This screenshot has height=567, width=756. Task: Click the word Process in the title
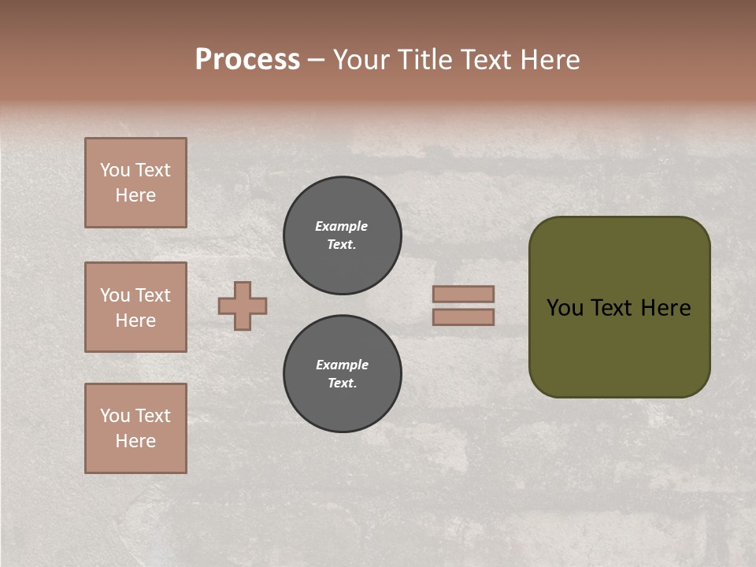tap(247, 60)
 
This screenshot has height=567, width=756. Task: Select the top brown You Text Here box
tap(135, 183)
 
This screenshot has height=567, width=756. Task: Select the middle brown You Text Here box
tap(135, 307)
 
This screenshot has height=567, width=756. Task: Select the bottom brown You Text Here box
tap(135, 428)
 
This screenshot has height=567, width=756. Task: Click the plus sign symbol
tap(243, 306)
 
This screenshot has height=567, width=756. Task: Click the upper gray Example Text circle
tap(343, 235)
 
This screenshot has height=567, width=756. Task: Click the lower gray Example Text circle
tap(343, 374)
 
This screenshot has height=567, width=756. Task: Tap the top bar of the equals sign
tap(463, 294)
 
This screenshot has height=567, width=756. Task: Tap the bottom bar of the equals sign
tap(463, 317)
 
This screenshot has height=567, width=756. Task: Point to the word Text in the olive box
tap(619, 308)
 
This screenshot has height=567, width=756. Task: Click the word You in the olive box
tap(565, 308)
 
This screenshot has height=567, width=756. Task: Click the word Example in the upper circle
tap(342, 226)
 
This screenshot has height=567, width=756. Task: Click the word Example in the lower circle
tap(342, 365)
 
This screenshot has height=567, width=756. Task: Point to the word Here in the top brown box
tap(135, 195)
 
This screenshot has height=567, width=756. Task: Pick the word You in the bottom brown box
tap(115, 416)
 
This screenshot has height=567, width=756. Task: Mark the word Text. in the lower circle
tap(342, 384)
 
